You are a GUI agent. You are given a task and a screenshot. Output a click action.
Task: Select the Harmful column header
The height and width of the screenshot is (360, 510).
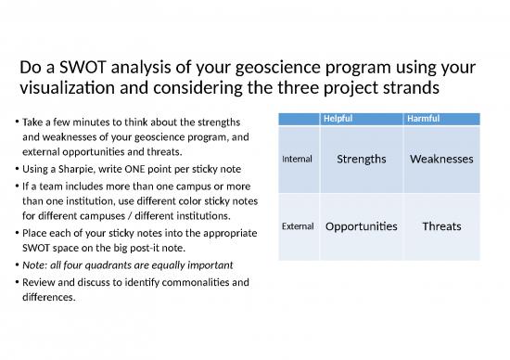tap(421, 119)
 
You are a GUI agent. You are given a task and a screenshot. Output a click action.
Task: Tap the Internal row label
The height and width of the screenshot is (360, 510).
tap(296, 160)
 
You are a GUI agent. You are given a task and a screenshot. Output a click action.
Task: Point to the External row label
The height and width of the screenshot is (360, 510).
tap(297, 226)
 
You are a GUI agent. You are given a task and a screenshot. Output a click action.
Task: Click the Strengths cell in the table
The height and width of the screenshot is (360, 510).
tap(361, 159)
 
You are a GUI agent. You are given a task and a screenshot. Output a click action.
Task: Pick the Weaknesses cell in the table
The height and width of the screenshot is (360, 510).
tap(440, 159)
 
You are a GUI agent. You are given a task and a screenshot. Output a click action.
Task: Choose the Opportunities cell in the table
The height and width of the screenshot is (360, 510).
tap(361, 226)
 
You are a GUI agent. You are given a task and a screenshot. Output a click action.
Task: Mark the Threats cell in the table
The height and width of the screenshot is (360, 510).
tap(440, 226)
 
